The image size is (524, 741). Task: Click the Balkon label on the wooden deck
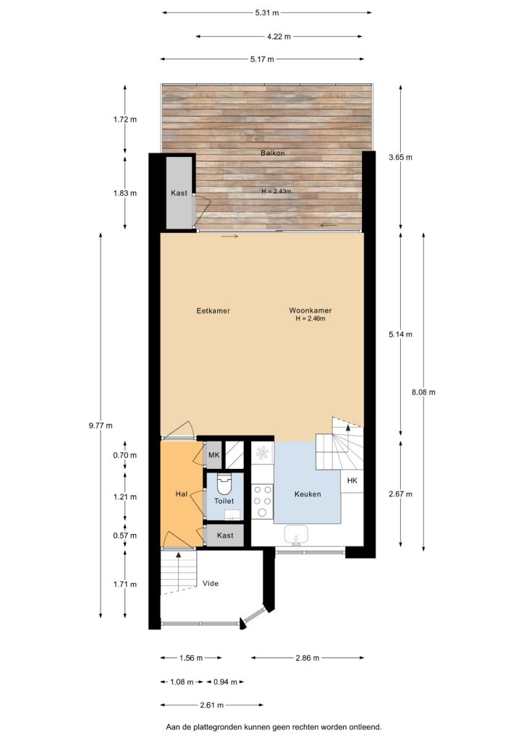[273, 153]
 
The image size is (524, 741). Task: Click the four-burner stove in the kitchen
[262, 501]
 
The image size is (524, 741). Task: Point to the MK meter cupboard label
[214, 455]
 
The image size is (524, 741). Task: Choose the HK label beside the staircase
[352, 480]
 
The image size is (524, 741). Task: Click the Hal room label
[182, 494]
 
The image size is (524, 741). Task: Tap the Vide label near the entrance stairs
[211, 584]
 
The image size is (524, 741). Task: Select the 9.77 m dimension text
[101, 425]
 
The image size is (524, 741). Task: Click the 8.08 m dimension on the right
[423, 391]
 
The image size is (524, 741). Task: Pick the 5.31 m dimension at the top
[267, 13]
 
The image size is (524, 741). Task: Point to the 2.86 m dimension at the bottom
[307, 657]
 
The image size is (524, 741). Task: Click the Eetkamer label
[213, 310]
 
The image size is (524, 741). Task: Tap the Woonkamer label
[310, 310]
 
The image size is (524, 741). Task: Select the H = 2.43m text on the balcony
[276, 191]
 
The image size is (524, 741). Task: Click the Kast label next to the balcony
[179, 192]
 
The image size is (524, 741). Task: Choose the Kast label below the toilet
[225, 535]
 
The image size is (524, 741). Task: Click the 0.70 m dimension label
[124, 455]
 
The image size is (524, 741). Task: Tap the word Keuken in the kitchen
[308, 494]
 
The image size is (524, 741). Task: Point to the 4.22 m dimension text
[279, 36]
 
